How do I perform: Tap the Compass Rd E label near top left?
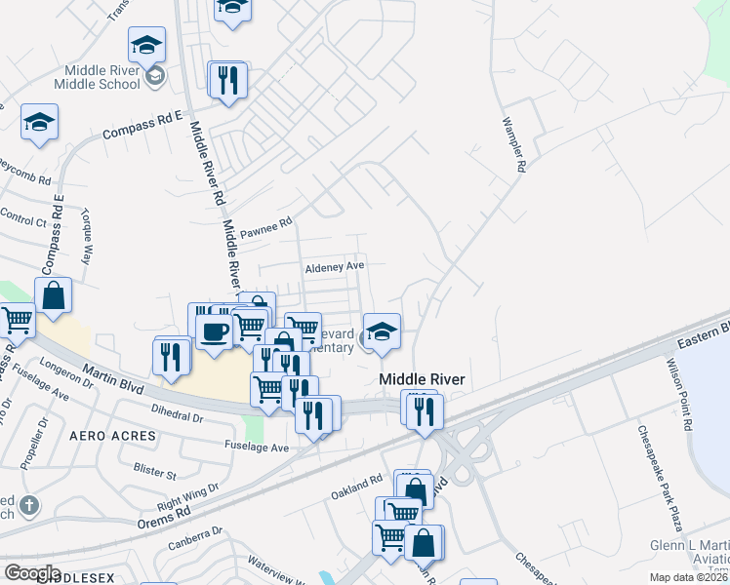pos(142,124)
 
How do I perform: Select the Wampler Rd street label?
pos(513,146)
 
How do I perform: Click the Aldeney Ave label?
pos(334,265)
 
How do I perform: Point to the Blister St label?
pos(155,475)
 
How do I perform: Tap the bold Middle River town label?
pos(422,379)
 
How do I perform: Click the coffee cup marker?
pos(214,331)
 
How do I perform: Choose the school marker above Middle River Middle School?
pos(146,45)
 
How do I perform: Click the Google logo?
pos(32,572)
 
